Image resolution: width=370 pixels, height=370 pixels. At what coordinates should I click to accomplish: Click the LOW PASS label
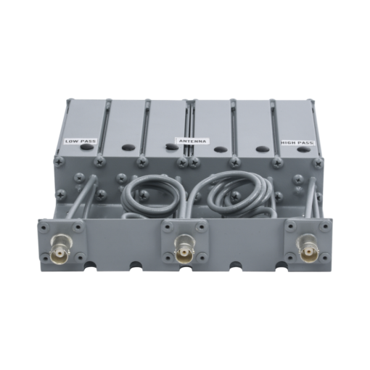pyautogui.click(x=80, y=141)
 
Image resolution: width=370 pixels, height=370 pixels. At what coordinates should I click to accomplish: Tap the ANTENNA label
pyautogui.click(x=193, y=141)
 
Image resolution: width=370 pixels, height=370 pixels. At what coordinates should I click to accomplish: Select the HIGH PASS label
pyautogui.click(x=297, y=143)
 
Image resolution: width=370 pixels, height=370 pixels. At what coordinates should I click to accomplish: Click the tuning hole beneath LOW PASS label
pyautogui.click(x=87, y=147)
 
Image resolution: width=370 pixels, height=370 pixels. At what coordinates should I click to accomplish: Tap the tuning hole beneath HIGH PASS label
pyautogui.click(x=303, y=149)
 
